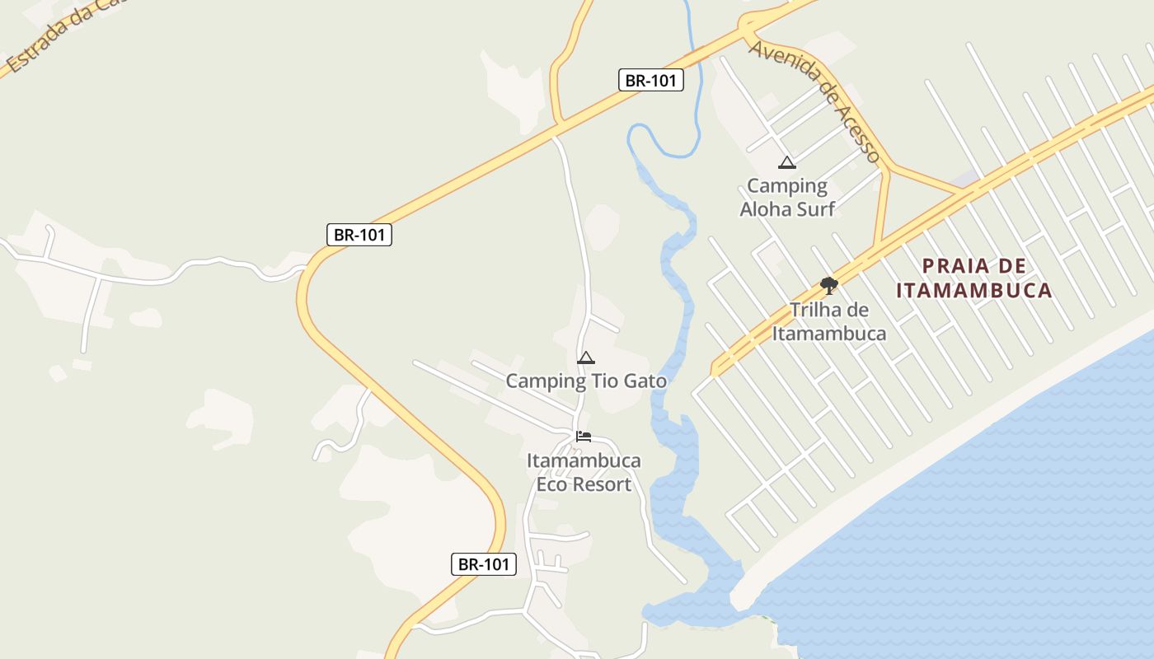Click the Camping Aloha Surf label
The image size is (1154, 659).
coord(787,198)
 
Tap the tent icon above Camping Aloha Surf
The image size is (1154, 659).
coord(787,162)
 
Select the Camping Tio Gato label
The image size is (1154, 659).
coord(585,381)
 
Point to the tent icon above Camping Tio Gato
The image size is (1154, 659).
coord(586,358)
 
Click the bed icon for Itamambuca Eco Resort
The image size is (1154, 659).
coord(584,437)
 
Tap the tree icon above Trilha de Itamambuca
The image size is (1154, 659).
coord(829,286)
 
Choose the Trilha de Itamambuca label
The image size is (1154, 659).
coord(829,322)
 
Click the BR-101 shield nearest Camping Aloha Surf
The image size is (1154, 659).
coord(651,80)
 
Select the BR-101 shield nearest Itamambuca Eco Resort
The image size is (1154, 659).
coord(484,564)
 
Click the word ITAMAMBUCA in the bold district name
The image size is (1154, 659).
coord(973,290)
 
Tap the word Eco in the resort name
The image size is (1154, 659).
coord(551,484)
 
